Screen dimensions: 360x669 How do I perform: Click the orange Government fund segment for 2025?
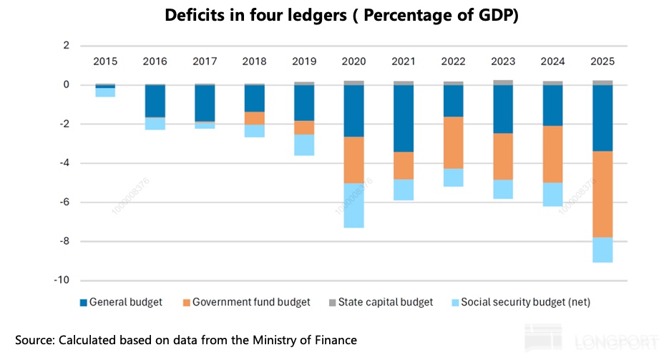pos(602,194)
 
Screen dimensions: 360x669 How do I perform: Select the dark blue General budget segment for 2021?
pos(404,118)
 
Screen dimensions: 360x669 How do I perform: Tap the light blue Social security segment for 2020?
pos(353,205)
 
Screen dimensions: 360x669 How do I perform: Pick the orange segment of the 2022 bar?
pos(453,142)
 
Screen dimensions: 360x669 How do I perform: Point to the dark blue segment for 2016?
pos(155,101)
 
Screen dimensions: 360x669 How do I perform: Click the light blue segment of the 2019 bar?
pos(304,145)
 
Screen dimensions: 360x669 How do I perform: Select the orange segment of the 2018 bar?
pos(254,118)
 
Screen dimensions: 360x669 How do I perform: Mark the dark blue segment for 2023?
pos(503,109)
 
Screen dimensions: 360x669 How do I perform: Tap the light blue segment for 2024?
pos(552,194)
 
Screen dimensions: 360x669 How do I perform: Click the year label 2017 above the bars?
pos(205,62)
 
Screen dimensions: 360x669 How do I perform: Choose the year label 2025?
pos(602,62)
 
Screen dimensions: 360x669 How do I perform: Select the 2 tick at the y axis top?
pos(66,46)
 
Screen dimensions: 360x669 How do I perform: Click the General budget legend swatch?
pos(82,303)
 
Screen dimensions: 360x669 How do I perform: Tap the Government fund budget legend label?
pos(251,303)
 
